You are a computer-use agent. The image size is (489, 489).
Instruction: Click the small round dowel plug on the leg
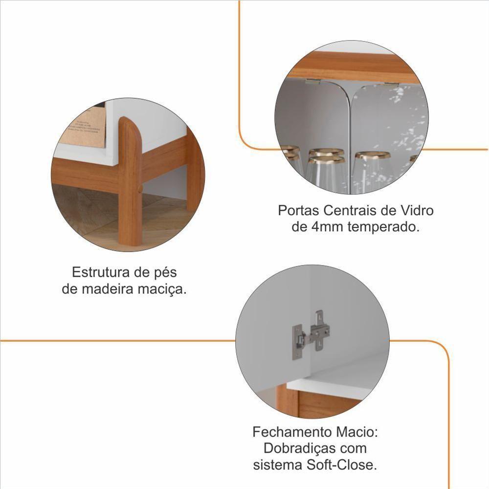point(140,189)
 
